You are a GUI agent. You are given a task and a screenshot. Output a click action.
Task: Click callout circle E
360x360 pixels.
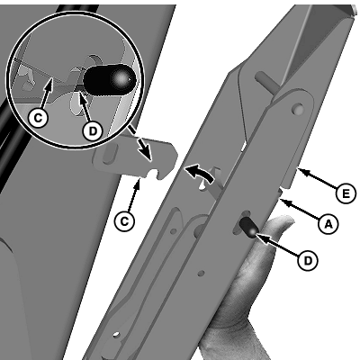pyautogui.click(x=346, y=193)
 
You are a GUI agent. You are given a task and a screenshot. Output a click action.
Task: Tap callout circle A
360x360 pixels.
pyautogui.click(x=328, y=224)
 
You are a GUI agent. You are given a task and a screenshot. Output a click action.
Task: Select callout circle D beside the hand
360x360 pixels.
pyautogui.click(x=308, y=260)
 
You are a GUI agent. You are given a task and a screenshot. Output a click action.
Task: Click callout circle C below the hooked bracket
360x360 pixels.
pyautogui.click(x=124, y=221)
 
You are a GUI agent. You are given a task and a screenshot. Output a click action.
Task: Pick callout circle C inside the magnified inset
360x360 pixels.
pyautogui.click(x=38, y=118)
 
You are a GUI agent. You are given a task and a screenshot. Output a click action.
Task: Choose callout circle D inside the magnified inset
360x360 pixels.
pyautogui.click(x=93, y=130)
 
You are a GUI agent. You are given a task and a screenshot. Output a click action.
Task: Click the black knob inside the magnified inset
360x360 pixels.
pyautogui.click(x=110, y=79)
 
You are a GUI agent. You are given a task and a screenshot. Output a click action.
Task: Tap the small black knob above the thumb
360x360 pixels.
pyautogui.click(x=249, y=228)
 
